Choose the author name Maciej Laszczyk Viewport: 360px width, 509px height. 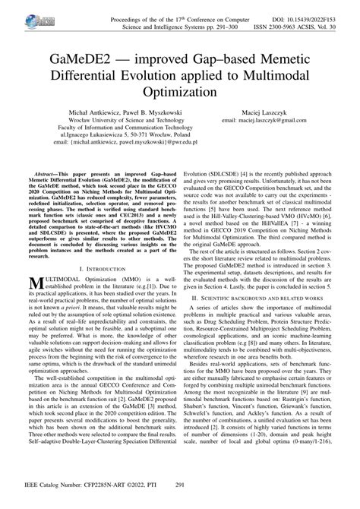coord(272,112)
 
